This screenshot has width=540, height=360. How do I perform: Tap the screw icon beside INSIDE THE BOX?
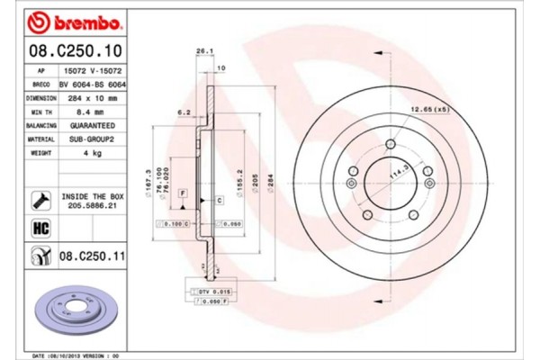40,198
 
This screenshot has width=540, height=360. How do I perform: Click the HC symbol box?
40,228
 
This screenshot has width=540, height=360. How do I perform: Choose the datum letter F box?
182,193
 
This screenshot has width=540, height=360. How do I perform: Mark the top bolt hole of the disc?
391,144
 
